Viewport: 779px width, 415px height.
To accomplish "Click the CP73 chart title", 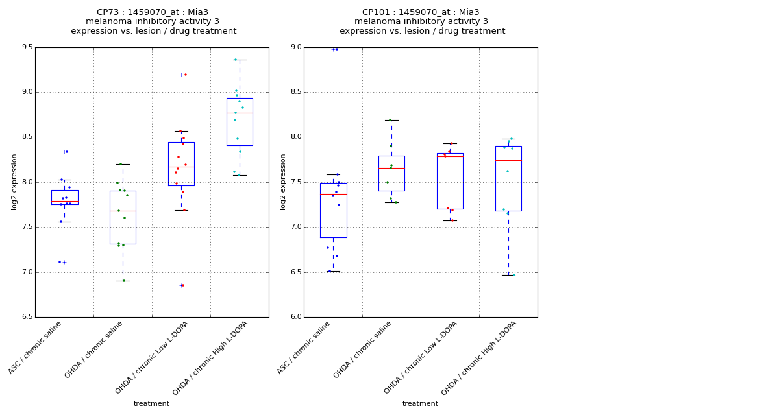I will pos(153,21).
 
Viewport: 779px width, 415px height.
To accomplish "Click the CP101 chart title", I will pos(422,21).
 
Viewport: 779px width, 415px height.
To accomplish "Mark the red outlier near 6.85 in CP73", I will pos(183,285).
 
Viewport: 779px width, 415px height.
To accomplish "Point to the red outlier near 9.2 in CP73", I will pos(185,75).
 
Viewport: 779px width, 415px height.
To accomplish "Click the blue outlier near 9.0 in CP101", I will pos(336,49).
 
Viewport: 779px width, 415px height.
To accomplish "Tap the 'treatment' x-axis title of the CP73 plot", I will pos(151,404).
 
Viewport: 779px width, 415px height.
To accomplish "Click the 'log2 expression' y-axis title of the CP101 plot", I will pos(283,182).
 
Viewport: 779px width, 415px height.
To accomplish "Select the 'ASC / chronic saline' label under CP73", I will pos(36,348).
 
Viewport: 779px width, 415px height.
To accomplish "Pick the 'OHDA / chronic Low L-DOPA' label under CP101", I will pos(421,357).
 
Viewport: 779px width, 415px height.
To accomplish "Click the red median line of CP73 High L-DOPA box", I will pos(240,113).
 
